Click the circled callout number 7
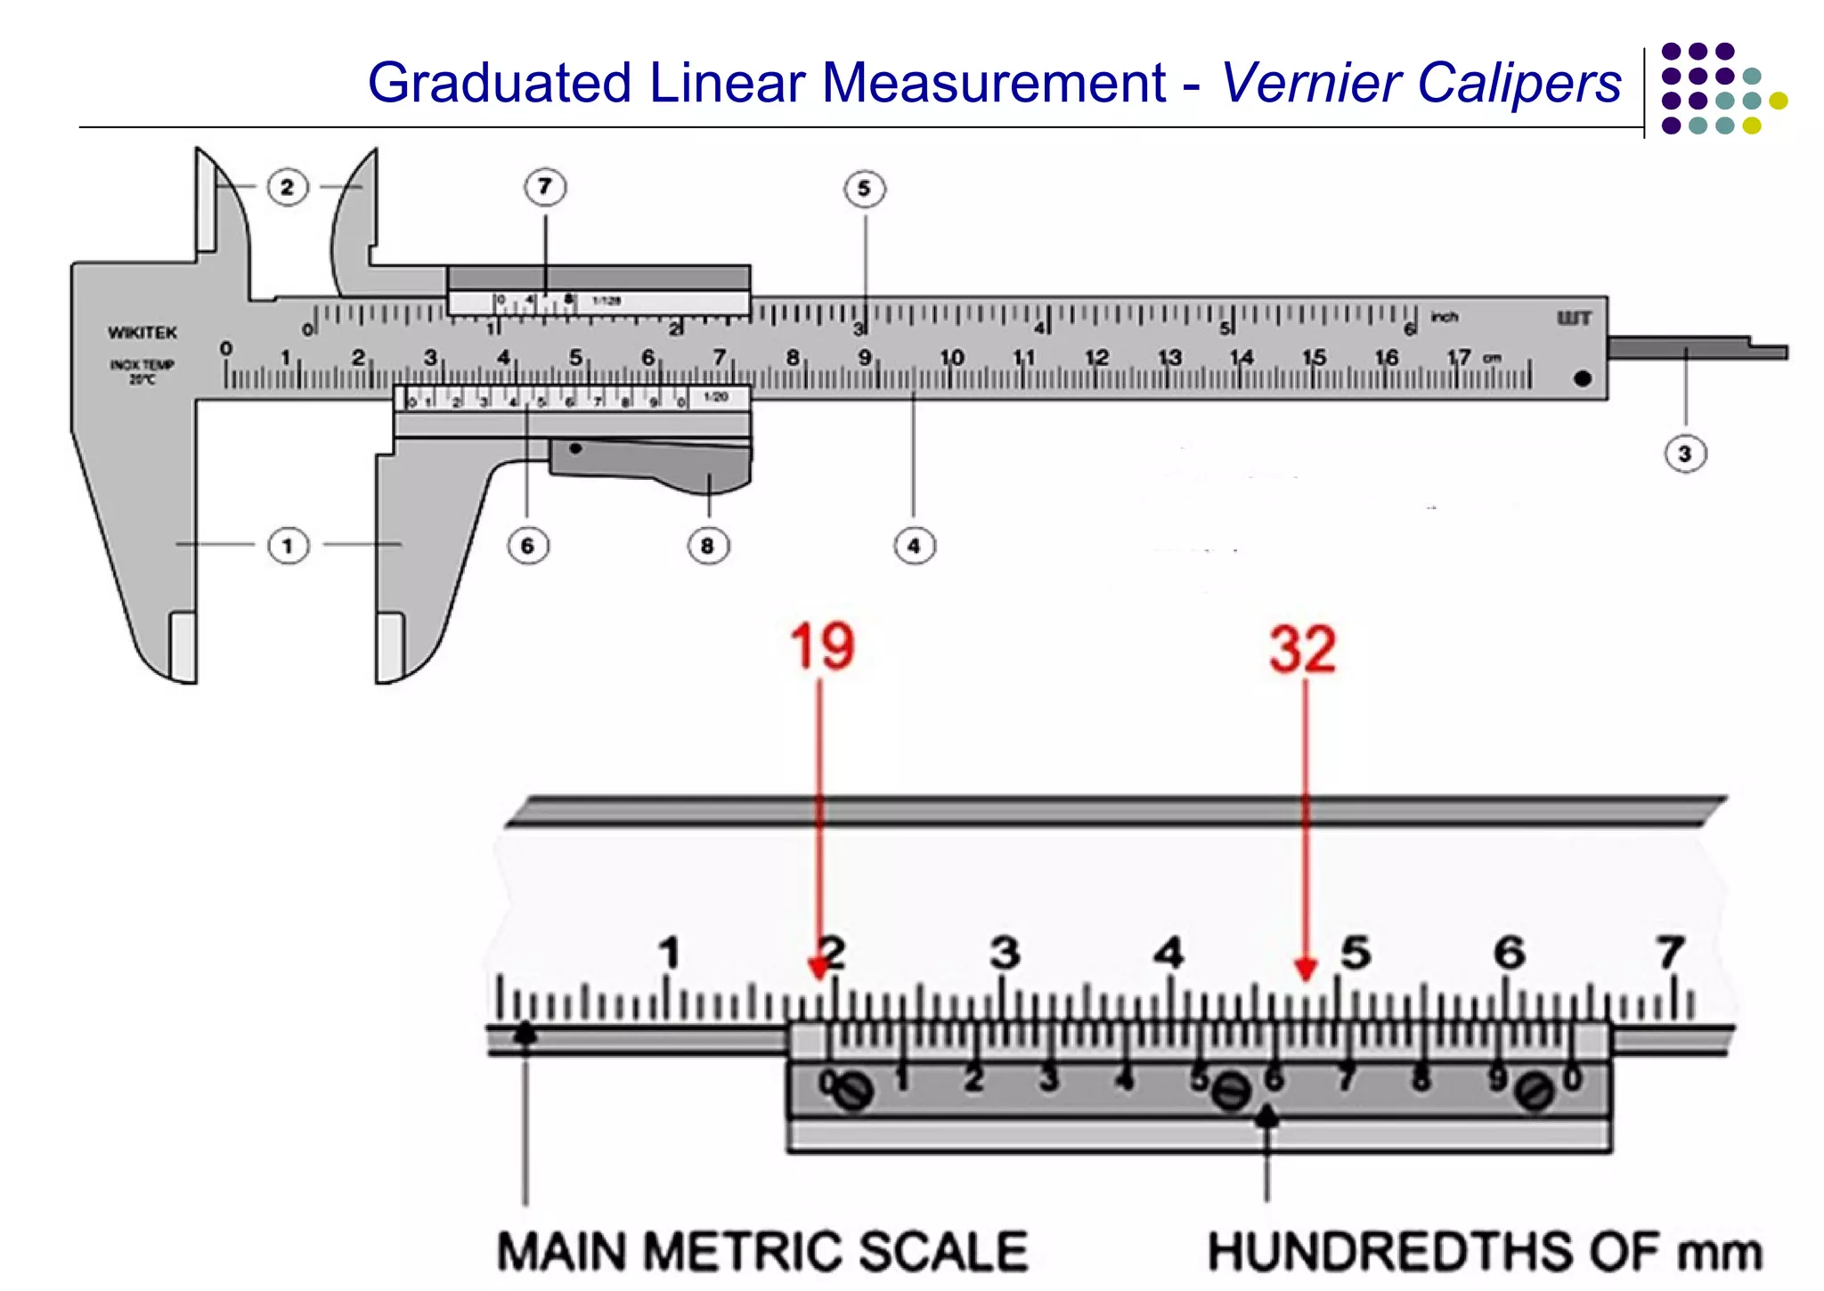pos(545,187)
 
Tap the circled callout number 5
pos(864,189)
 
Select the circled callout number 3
pos(1684,454)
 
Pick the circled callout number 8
pos(708,546)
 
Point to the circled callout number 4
pos(914,546)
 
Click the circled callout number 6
pos(527,546)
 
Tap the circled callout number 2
pos(287,187)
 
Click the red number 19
pos(822,646)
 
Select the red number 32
pos(1303,649)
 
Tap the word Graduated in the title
pos(500,83)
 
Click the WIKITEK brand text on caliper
pos(142,333)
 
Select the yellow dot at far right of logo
pos(1778,101)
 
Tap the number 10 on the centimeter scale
pos(951,357)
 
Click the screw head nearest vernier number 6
pos(1233,1091)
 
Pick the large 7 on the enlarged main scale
pos(1670,953)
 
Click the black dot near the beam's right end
pos(1583,378)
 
